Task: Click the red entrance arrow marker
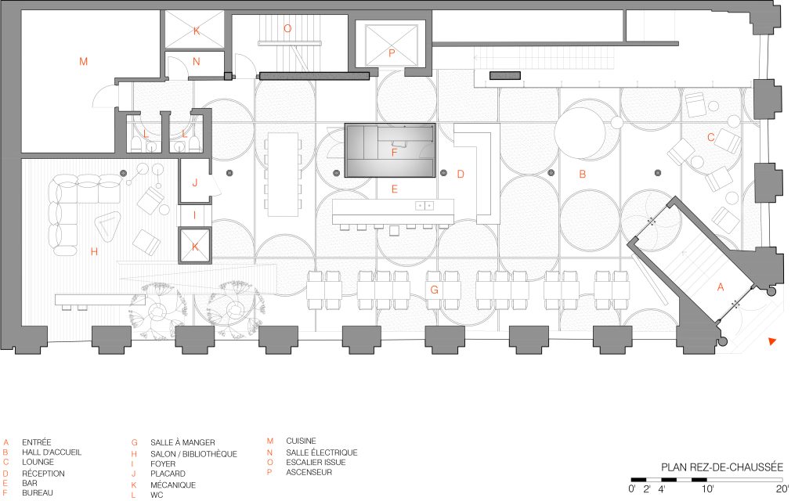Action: pyautogui.click(x=772, y=341)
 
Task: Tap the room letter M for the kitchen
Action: pyautogui.click(x=83, y=62)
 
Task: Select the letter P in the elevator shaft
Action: pyautogui.click(x=392, y=52)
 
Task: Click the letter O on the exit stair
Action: pyautogui.click(x=287, y=29)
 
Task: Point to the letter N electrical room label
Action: pyautogui.click(x=197, y=61)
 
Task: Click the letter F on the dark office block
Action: pyautogui.click(x=395, y=153)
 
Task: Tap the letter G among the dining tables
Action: pyautogui.click(x=434, y=290)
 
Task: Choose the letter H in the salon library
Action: pyautogui.click(x=94, y=251)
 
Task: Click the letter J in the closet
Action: pyautogui.click(x=195, y=182)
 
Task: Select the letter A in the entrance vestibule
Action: pyautogui.click(x=721, y=287)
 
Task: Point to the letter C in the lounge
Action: pyautogui.click(x=710, y=137)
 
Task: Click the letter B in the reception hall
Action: pyautogui.click(x=582, y=175)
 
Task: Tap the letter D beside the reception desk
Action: pyautogui.click(x=461, y=175)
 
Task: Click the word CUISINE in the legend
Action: pyautogui.click(x=301, y=441)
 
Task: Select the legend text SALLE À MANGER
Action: pyautogui.click(x=182, y=442)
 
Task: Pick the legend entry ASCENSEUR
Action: pyautogui.click(x=309, y=472)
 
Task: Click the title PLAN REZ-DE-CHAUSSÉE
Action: pyautogui.click(x=722, y=467)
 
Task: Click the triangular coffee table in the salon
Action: pyautogui.click(x=107, y=226)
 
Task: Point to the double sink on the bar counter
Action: pyautogui.click(x=424, y=206)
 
